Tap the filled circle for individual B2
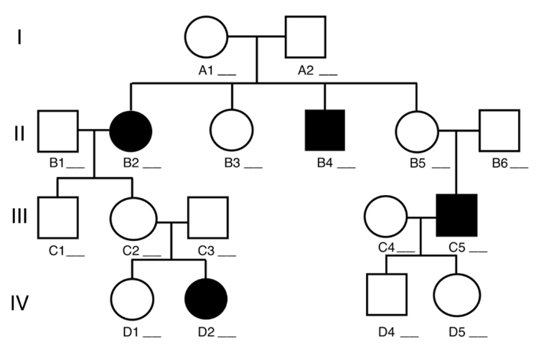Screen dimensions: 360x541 (131, 131)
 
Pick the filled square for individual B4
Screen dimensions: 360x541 (325, 131)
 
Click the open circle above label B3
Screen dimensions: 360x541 (231, 131)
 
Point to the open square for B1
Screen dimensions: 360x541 (57, 131)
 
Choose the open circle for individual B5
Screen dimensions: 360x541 (415, 131)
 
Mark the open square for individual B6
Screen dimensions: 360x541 (499, 131)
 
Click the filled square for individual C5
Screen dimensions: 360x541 (456, 216)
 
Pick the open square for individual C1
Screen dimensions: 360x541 (57, 216)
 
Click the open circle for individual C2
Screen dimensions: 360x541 (132, 216)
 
